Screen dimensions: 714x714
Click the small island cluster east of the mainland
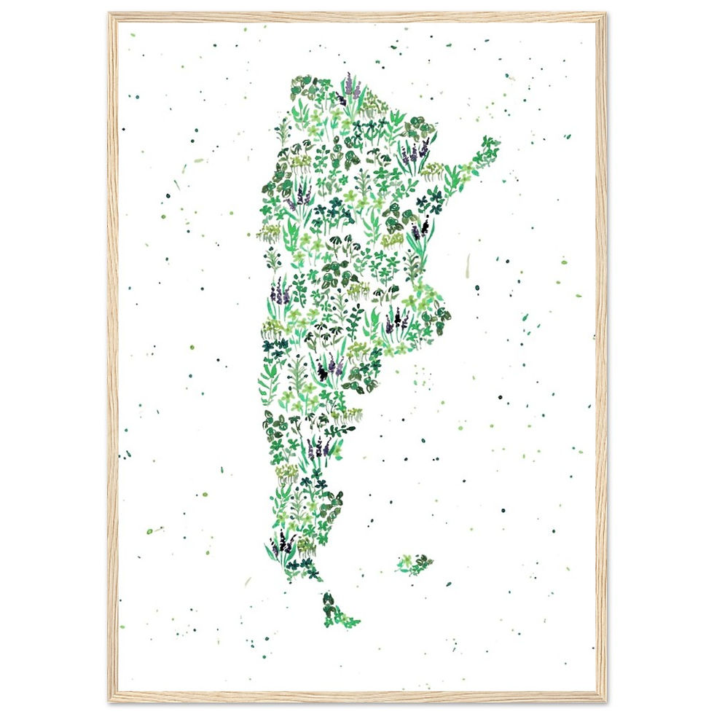click(415, 564)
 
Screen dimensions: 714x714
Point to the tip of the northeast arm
click(494, 144)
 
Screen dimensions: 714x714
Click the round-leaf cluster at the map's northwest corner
click(300, 87)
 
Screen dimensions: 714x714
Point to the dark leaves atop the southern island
click(329, 600)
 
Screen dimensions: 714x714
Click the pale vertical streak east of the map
click(468, 266)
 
